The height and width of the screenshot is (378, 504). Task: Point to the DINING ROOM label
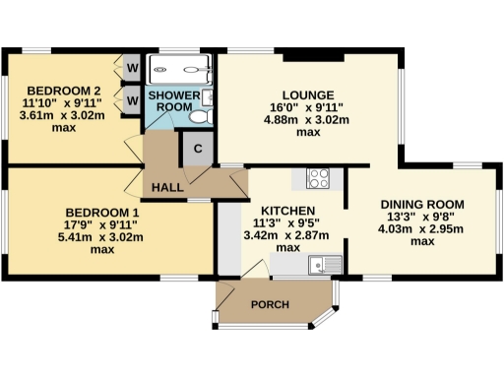point(422,205)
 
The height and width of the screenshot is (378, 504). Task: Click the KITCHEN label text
point(287,211)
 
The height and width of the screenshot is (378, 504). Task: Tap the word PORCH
point(270,305)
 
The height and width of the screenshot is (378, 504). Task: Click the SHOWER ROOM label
point(169,100)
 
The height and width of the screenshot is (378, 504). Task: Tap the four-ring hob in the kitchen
point(319,178)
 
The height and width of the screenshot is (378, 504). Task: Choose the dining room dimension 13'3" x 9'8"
point(422,218)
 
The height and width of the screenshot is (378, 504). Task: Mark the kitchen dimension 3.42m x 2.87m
point(287,236)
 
